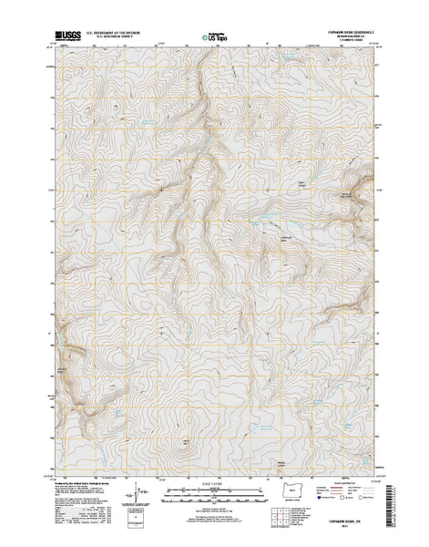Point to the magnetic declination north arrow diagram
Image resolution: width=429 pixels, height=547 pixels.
137,497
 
